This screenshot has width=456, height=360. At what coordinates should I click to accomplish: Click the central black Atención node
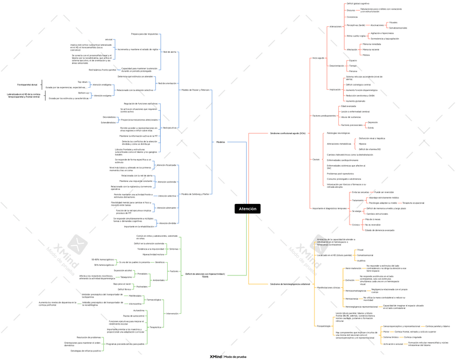[x=247, y=209]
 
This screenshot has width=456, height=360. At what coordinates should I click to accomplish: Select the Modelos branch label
[x=220, y=142]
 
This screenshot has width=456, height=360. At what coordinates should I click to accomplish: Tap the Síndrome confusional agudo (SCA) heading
[x=288, y=133]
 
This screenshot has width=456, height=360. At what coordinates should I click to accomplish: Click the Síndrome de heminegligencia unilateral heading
[x=290, y=284]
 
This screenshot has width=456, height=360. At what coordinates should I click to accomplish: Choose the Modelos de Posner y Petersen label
[x=195, y=90]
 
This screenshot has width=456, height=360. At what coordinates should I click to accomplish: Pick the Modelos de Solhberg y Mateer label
[x=195, y=194]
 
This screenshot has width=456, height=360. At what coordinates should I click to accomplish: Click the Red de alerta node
[x=170, y=52]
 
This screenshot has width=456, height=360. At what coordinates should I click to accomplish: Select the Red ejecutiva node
[x=169, y=128]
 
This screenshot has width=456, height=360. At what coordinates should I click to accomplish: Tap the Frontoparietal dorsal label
[x=27, y=84]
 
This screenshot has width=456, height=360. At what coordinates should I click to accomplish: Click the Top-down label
[x=83, y=82]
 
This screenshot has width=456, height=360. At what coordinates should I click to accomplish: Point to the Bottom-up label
[x=83, y=93]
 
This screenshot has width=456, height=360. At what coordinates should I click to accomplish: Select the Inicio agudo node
[x=318, y=58]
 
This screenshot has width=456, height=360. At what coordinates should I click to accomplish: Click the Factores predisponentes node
[x=324, y=116]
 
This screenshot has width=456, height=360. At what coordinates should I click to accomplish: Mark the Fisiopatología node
[x=324, y=326]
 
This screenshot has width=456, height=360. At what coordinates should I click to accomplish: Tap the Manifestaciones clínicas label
[x=329, y=288]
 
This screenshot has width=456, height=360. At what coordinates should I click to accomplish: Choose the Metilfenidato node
[x=136, y=296]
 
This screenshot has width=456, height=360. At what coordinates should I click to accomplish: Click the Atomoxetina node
[x=136, y=303]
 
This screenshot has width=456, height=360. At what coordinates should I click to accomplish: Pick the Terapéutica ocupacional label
[x=413, y=203]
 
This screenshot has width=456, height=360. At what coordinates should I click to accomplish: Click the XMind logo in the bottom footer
[x=216, y=356]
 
